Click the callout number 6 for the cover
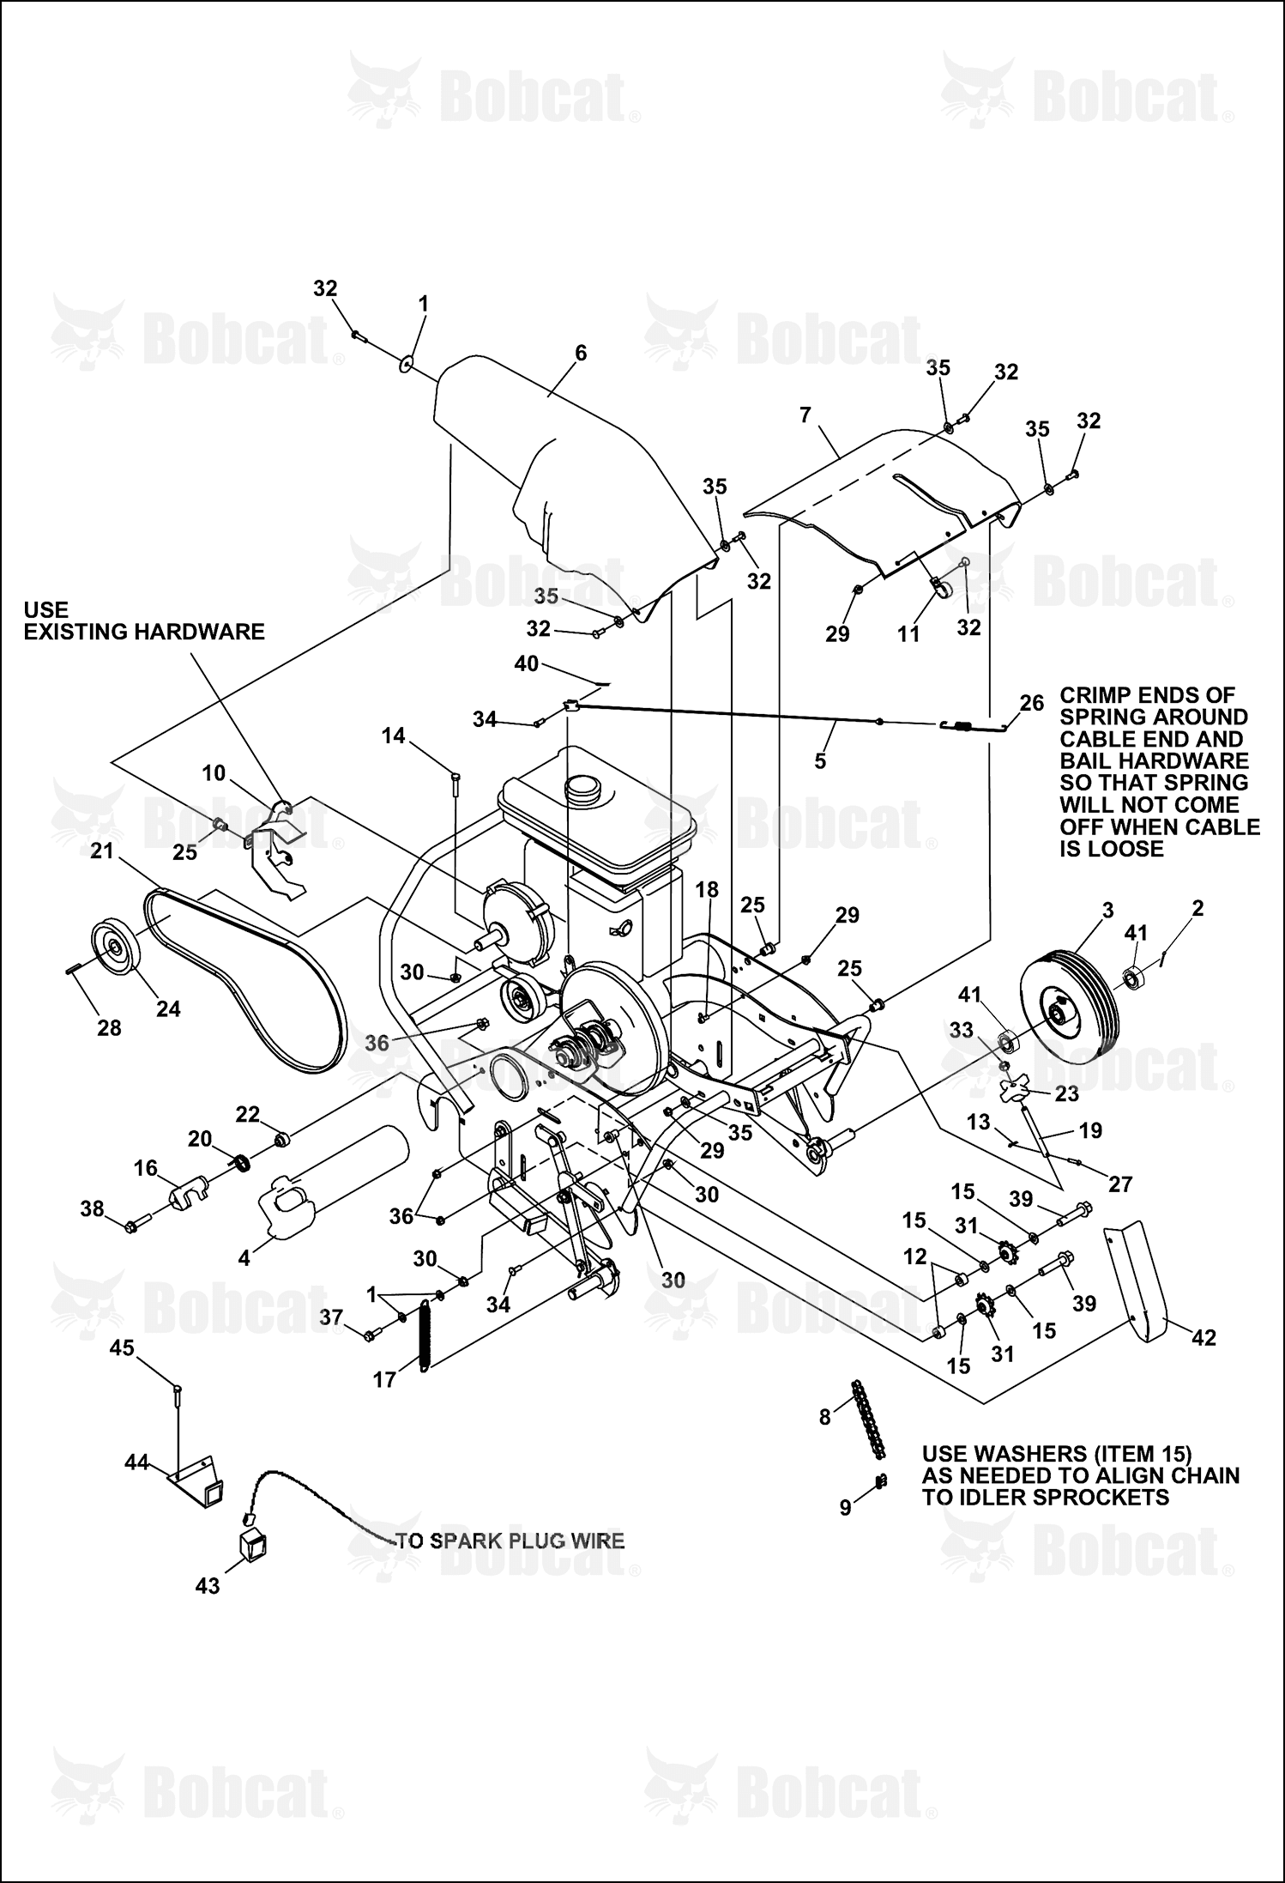581,353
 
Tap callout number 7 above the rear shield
805,415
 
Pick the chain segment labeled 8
867,1420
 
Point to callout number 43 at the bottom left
208,1586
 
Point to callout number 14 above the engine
394,736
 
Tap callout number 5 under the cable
820,761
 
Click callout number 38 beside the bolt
92,1209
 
